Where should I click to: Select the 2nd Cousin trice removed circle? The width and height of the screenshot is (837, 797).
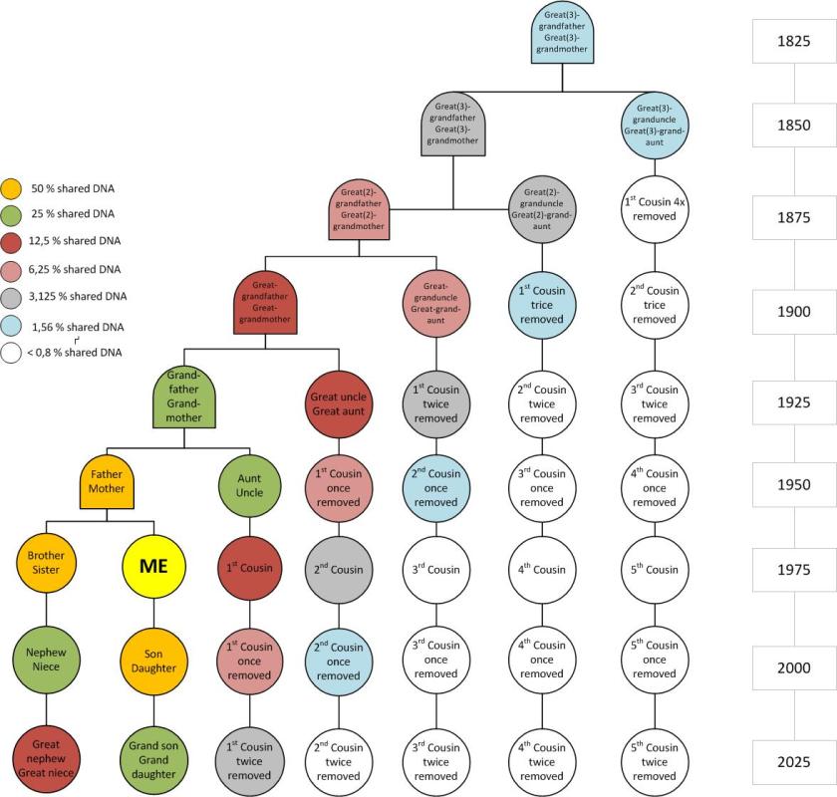(x=655, y=305)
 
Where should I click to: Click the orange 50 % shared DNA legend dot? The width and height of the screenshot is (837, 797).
(x=11, y=188)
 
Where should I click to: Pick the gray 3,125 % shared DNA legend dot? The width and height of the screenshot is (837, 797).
(x=11, y=296)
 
